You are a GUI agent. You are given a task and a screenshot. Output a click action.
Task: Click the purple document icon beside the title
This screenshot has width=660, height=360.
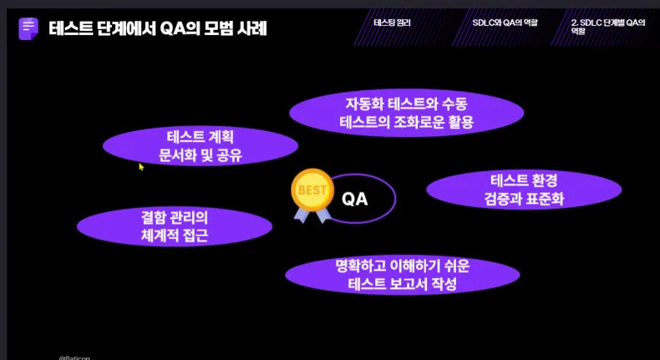pyautogui.click(x=28, y=28)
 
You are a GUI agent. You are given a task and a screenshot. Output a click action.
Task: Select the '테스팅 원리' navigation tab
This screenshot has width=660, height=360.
pyautogui.click(x=392, y=23)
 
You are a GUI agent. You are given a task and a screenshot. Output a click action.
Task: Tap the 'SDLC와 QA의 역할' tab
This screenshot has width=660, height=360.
pyautogui.click(x=505, y=23)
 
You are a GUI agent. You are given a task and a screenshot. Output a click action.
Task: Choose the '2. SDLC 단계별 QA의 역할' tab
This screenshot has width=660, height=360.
pyautogui.click(x=608, y=27)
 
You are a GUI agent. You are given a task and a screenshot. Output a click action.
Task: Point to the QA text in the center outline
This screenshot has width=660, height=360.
pyautogui.click(x=355, y=199)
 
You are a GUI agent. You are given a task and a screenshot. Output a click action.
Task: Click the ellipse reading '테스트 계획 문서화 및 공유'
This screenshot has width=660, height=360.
pyautogui.click(x=201, y=146)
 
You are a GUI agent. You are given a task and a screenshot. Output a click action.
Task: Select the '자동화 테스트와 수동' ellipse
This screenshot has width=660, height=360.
pyautogui.click(x=407, y=113)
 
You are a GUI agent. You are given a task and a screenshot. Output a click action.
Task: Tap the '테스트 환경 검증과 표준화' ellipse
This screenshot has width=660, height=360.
pyautogui.click(x=524, y=190)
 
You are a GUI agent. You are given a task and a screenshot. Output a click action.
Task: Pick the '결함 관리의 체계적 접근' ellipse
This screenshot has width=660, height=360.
pyautogui.click(x=175, y=226)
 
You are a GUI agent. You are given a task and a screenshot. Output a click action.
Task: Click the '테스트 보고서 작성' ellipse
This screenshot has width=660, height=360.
pyautogui.click(x=403, y=275)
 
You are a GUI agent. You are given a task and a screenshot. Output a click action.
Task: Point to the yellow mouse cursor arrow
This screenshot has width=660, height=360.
pyautogui.click(x=141, y=167)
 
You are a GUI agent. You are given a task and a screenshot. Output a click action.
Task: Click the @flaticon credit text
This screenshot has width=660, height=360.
pyautogui.click(x=74, y=357)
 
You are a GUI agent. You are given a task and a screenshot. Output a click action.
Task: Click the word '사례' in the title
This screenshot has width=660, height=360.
pyautogui.click(x=253, y=28)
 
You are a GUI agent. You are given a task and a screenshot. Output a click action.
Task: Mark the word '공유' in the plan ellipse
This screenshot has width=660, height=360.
pyautogui.click(x=230, y=156)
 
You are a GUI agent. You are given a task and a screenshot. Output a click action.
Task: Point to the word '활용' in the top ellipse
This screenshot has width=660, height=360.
pyautogui.click(x=459, y=122)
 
